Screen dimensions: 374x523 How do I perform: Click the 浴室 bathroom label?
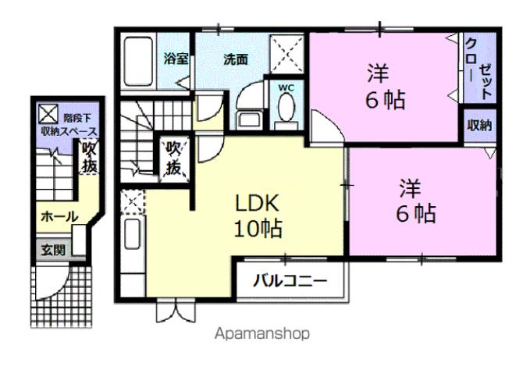tap(174, 59)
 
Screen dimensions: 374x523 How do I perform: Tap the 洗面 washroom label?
tap(235, 59)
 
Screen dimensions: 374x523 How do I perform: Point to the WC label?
tap(286, 87)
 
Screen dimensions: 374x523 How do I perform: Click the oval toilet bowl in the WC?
tap(286, 111)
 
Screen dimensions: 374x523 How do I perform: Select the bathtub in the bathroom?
tap(137, 62)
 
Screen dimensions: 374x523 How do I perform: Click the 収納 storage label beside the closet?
tap(479, 125)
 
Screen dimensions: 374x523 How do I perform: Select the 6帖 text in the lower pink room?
tap(414, 213)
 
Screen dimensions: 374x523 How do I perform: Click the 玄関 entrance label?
tap(53, 251)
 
